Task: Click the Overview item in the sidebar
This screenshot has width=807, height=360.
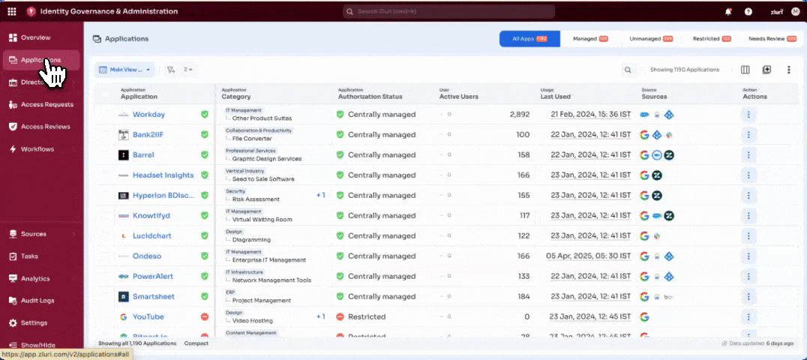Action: point(35,37)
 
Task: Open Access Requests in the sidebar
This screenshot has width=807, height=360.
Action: point(46,104)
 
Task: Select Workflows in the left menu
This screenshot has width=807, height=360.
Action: point(37,149)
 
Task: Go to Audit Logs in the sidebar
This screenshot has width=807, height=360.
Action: point(37,301)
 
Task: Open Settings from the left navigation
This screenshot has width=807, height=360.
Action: point(34,323)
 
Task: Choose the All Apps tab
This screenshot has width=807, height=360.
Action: point(529,39)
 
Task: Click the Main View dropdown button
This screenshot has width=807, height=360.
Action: point(124,70)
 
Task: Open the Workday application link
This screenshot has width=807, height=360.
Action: point(148,115)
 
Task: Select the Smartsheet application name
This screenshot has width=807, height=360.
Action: point(154,296)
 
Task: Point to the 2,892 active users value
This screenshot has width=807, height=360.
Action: point(519,115)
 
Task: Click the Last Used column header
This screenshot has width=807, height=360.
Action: point(556,97)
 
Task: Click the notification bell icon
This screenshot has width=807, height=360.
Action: point(728,12)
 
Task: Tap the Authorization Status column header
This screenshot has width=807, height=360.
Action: point(370,97)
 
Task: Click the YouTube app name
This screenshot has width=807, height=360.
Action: point(148,316)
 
